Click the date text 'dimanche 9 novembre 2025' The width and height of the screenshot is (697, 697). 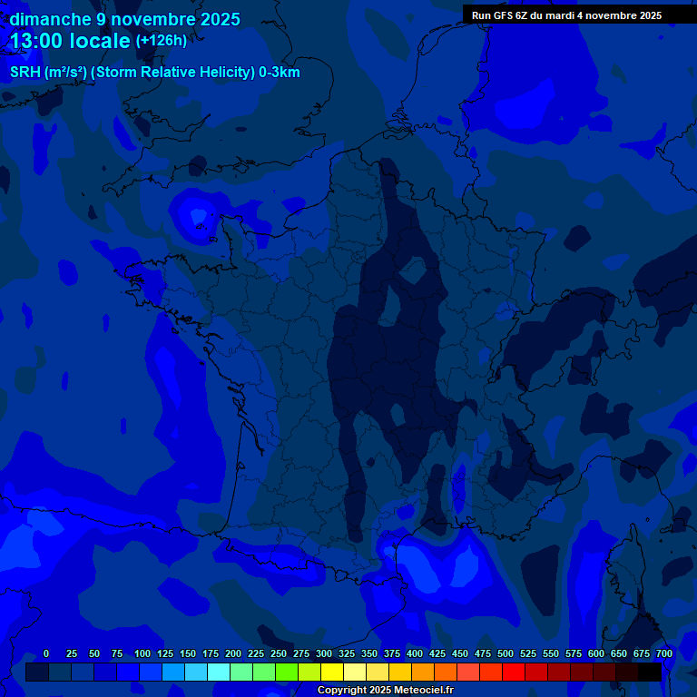pyautogui.click(x=125, y=19)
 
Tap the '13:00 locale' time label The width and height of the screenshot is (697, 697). pyautogui.click(x=71, y=41)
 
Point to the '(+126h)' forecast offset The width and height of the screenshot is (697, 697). pyautogui.click(x=161, y=41)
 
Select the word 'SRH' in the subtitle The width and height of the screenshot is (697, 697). pyautogui.click(x=25, y=73)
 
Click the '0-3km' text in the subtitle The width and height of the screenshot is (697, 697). pyautogui.click(x=280, y=73)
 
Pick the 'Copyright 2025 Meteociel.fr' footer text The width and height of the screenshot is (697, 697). pyautogui.click(x=385, y=690)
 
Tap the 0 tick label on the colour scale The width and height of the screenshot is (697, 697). pyautogui.click(x=46, y=653)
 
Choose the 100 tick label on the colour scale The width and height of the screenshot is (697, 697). pyautogui.click(x=142, y=653)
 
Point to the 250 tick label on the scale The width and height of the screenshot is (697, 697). pyautogui.click(x=279, y=653)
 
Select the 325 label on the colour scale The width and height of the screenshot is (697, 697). pyautogui.click(x=347, y=653)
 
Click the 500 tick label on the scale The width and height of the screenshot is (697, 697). pyautogui.click(x=506, y=653)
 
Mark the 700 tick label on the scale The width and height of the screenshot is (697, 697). pyautogui.click(x=664, y=653)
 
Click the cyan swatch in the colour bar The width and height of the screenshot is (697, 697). pyautogui.click(x=219, y=672)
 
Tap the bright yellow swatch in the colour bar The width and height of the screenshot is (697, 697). pyautogui.click(x=332, y=672)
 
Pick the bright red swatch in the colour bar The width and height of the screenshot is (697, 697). pyautogui.click(x=514, y=672)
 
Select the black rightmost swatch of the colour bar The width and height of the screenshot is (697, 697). pyautogui.click(x=650, y=672)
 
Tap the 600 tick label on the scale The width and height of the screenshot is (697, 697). pyautogui.click(x=596, y=653)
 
